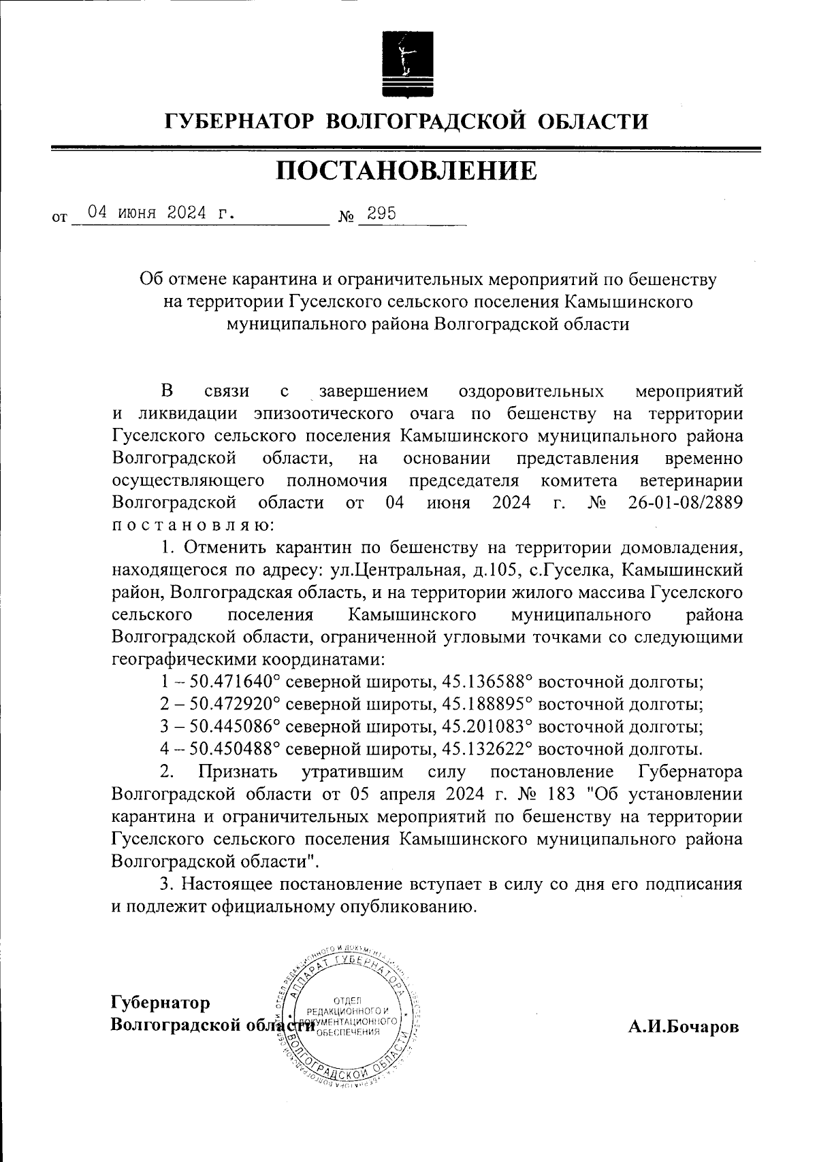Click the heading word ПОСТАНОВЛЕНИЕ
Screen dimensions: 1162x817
click(406, 171)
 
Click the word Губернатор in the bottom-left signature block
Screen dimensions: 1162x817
click(160, 1002)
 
